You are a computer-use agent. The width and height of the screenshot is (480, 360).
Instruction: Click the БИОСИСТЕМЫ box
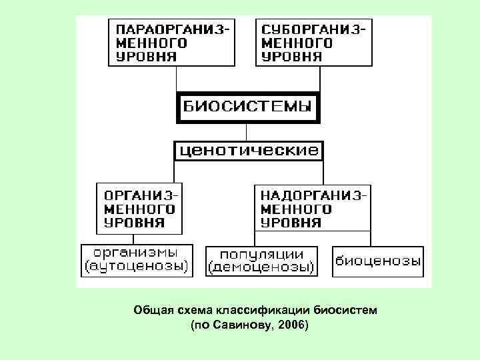click(x=247, y=107)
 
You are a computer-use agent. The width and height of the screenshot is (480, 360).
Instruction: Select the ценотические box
click(x=248, y=150)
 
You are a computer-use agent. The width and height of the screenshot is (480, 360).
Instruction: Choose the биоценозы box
click(x=377, y=261)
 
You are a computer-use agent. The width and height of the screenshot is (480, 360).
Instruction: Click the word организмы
click(x=135, y=253)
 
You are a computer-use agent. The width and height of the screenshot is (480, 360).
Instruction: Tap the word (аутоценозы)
click(x=135, y=267)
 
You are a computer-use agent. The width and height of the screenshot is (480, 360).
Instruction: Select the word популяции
click(x=261, y=254)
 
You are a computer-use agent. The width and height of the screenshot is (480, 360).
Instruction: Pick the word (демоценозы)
click(x=261, y=267)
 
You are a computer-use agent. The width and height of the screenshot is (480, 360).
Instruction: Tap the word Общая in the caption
click(x=151, y=310)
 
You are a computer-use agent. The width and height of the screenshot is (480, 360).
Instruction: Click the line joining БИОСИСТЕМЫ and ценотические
click(x=247, y=131)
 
